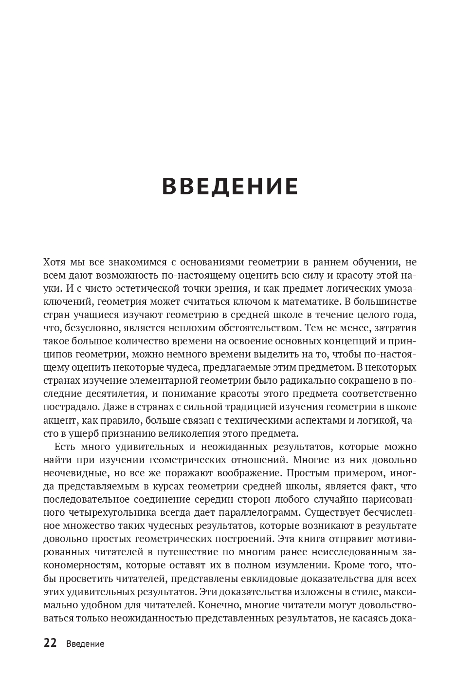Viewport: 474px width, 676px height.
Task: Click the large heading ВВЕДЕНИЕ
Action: click(230, 187)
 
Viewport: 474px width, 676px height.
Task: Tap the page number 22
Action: click(50, 643)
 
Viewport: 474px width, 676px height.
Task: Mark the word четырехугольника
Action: click(119, 512)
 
